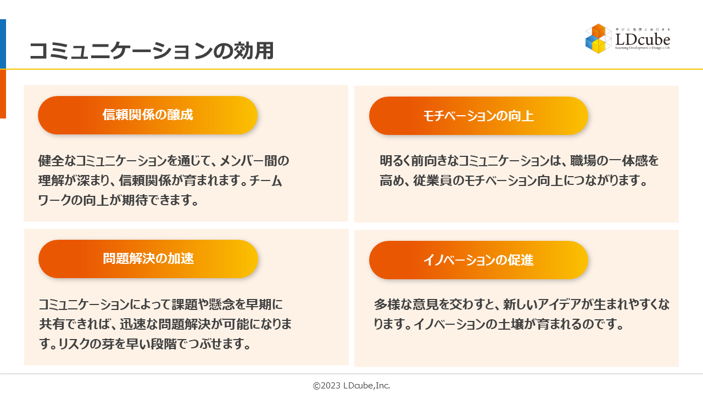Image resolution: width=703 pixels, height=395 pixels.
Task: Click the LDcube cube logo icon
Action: [598, 38]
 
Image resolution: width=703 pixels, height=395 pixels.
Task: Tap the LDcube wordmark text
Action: [643, 40]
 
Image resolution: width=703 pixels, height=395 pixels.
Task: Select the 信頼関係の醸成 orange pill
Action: [148, 115]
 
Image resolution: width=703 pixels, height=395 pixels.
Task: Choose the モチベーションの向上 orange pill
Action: [478, 116]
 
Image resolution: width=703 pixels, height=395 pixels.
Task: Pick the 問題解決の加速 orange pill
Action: [148, 259]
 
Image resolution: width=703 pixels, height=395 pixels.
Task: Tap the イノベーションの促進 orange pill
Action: [478, 260]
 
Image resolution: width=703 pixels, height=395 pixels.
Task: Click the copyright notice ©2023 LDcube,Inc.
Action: [351, 386]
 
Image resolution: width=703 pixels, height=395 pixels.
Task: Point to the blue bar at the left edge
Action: [3, 44]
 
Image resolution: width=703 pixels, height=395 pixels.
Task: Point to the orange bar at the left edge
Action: [3, 94]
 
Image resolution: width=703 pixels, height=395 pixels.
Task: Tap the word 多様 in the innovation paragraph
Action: [387, 304]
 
